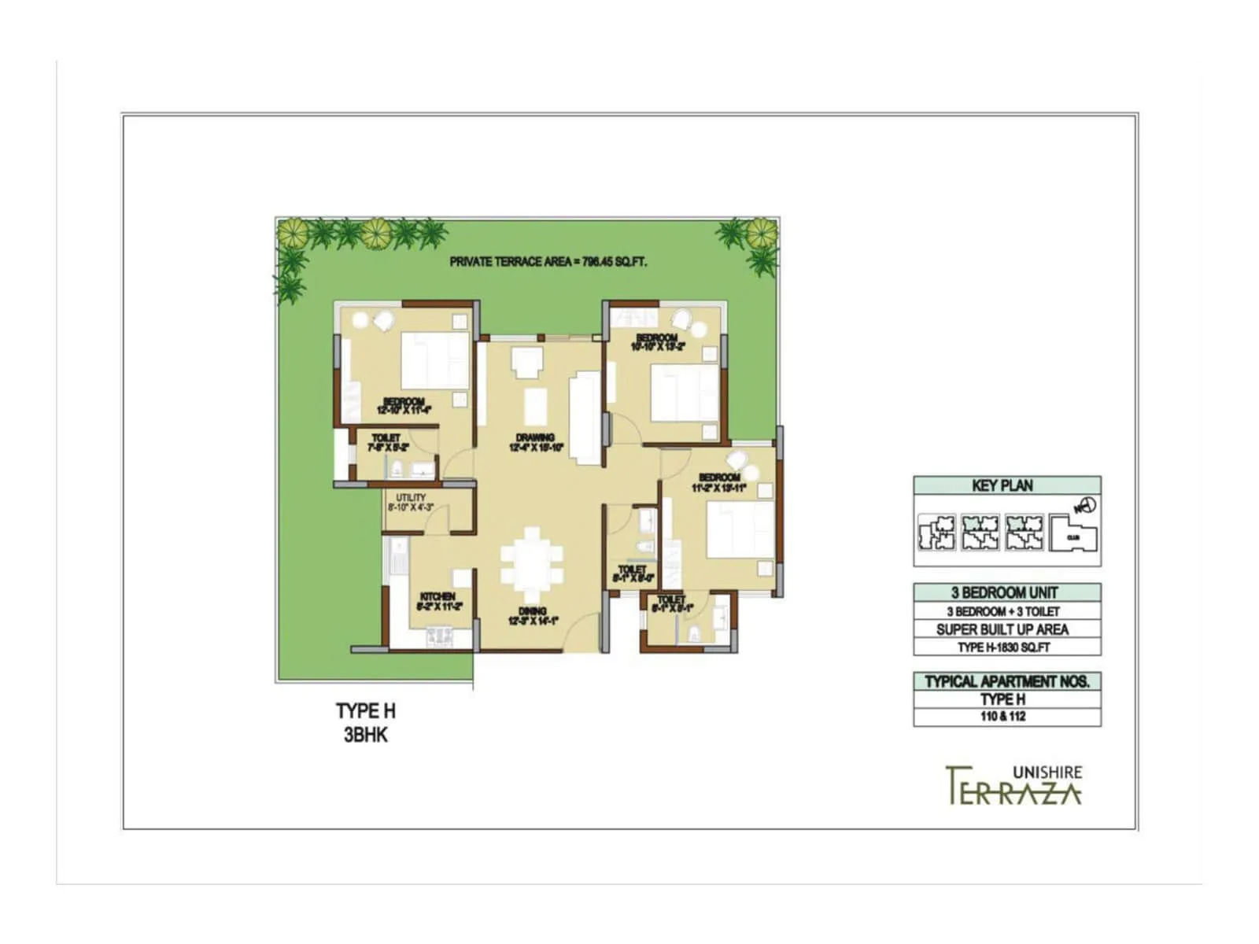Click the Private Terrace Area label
(548, 262)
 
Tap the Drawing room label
(535, 443)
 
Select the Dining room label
(533, 616)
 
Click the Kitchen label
(438, 602)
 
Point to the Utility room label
(411, 503)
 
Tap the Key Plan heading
(1002, 485)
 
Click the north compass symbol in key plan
(1086, 506)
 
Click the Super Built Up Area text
(1002, 629)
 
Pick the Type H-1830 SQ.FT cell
(1004, 647)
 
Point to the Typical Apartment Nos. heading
(1006, 681)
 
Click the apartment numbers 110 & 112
(1002, 717)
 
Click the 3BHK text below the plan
(366, 736)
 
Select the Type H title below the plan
(366, 711)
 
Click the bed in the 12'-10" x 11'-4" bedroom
(435, 360)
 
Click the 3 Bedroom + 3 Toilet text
(1002, 611)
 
